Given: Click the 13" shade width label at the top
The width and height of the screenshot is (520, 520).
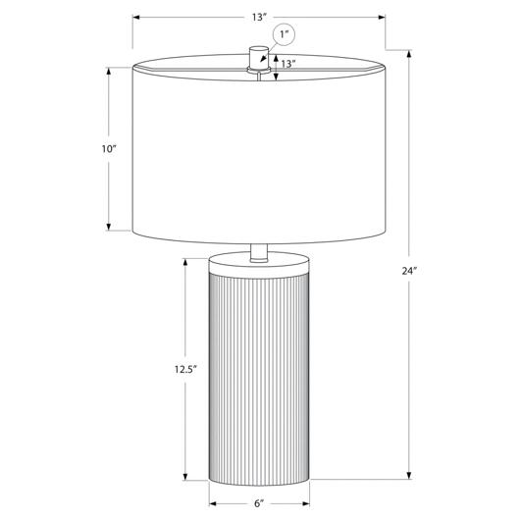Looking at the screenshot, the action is (259, 18).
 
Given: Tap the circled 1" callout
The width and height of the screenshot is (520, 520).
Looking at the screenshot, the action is (284, 34).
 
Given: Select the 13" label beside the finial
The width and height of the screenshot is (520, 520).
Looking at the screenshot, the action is (288, 64).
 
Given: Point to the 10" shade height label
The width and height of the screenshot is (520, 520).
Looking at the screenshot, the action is (109, 149).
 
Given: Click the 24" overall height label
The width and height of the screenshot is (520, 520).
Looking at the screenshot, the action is (409, 271).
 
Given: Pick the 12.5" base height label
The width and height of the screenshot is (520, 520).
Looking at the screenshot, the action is (186, 369).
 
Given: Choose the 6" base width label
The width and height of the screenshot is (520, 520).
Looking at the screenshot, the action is (259, 503).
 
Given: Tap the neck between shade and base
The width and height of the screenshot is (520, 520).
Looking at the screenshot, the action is (259, 253).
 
